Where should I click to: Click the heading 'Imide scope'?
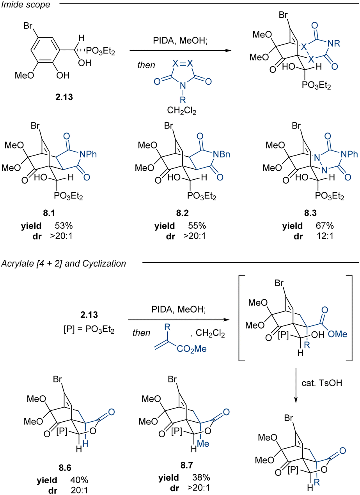tap(26, 5)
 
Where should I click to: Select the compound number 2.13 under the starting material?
tap(64, 97)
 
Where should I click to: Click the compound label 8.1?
tap(49, 213)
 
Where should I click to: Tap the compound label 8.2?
tap(183, 213)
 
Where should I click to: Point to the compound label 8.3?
tap(310, 213)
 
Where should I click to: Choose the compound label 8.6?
tap(65, 468)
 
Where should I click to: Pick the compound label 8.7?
tap(187, 465)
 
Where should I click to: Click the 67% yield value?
tap(325, 226)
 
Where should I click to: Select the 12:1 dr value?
tap(325, 236)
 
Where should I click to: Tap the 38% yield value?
tap(201, 477)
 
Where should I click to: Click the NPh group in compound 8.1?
tap(88, 154)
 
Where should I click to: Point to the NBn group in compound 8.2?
tap(222, 154)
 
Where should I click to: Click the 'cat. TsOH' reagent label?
tap(322, 383)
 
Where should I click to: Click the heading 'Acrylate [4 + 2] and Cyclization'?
tap(64, 263)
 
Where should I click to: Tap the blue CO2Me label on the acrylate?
tap(192, 349)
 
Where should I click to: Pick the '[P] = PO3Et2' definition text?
tap(89, 330)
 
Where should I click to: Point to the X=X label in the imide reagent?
tap(183, 64)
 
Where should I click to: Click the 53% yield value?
tap(64, 226)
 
